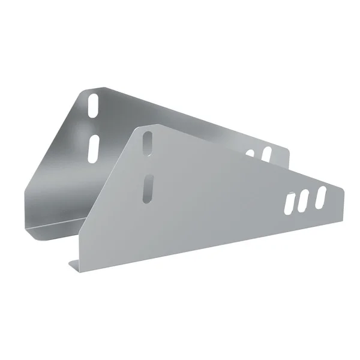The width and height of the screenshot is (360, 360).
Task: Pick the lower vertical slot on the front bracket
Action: [148, 188]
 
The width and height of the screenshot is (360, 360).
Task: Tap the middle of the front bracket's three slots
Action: [305, 200]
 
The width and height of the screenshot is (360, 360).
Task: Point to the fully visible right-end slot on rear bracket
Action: [266, 153]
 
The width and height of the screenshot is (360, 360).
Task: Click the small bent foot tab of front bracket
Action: [74, 263]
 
